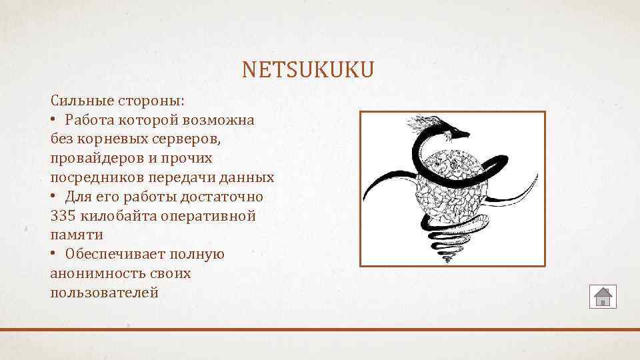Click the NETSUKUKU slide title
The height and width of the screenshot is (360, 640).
308,69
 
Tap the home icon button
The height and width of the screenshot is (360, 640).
603,296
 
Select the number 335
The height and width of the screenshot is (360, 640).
63,216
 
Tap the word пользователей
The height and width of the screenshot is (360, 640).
104,292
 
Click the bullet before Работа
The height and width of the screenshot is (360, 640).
53,120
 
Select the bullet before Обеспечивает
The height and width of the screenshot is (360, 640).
53,255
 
